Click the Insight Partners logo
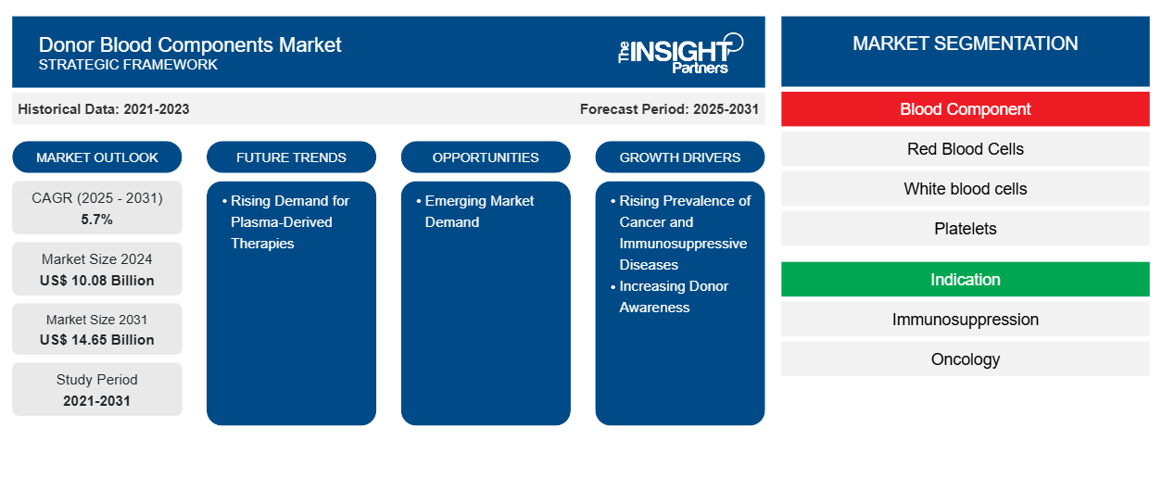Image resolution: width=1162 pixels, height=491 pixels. (x=680, y=53)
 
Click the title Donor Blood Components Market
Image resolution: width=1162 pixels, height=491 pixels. (x=190, y=44)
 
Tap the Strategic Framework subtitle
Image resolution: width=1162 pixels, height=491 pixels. (x=128, y=65)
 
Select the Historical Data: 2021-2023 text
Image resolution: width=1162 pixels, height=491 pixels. (x=104, y=109)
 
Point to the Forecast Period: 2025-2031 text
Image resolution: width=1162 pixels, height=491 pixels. (x=669, y=109)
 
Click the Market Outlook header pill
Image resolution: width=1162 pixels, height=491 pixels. (x=97, y=157)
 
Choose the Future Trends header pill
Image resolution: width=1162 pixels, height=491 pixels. (x=291, y=157)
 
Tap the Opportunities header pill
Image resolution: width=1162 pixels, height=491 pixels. (x=486, y=157)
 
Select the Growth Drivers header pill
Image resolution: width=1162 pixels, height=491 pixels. (x=680, y=157)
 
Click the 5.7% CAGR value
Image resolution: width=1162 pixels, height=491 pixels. (x=97, y=220)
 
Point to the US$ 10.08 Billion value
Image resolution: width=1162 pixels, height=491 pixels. (x=97, y=280)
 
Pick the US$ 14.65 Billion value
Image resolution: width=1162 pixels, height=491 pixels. (x=97, y=340)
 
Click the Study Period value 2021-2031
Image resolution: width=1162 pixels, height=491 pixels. (x=97, y=400)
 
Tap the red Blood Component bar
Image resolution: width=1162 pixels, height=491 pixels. (x=965, y=109)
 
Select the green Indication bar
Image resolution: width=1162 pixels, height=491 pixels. (x=965, y=280)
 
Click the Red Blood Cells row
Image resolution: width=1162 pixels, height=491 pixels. (x=965, y=149)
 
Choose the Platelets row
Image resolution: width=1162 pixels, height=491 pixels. (x=965, y=229)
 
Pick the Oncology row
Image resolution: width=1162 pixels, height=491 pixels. (x=965, y=359)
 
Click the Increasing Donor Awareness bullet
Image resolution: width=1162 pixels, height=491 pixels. (x=673, y=296)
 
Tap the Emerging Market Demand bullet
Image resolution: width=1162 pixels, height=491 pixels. (x=478, y=211)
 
